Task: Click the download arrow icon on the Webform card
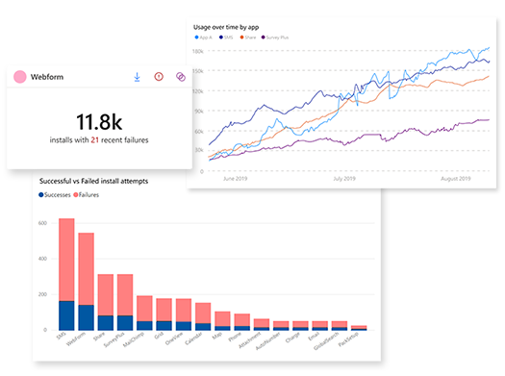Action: pos(138,77)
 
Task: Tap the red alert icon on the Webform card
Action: pos(159,77)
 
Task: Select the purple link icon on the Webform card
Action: pos(180,77)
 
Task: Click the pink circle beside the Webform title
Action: pos(18,77)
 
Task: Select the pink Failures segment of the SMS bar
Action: pos(66,260)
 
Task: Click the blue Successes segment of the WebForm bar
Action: pos(87,318)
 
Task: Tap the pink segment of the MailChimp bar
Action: pos(144,308)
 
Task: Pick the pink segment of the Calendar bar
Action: pos(203,313)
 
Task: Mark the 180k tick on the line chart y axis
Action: pos(196,51)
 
